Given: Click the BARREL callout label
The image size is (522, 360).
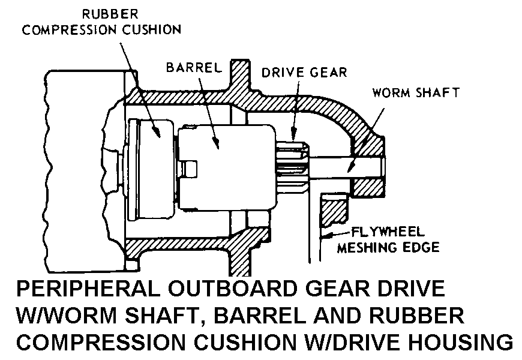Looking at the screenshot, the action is [x=194, y=68].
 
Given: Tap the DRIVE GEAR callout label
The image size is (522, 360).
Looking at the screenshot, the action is [x=304, y=73].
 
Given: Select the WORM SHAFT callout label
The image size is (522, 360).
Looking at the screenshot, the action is [x=416, y=92].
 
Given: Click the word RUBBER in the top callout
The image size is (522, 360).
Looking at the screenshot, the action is [x=110, y=14].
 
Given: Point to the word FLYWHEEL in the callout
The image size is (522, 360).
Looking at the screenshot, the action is [x=388, y=232].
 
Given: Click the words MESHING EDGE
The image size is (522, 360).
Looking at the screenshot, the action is [x=388, y=247].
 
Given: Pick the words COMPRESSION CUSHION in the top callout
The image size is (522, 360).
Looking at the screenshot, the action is [x=101, y=29].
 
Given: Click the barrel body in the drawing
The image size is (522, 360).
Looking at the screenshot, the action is [x=227, y=167].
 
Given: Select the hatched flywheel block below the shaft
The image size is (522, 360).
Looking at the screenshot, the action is [x=334, y=209].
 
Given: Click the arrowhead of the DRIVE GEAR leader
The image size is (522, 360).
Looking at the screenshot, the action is [x=293, y=136].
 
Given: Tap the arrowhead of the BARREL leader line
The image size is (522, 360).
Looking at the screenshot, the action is [x=217, y=143].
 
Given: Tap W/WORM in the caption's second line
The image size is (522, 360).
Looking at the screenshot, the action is [x=67, y=315].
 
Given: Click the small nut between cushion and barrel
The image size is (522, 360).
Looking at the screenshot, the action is [x=187, y=169].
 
